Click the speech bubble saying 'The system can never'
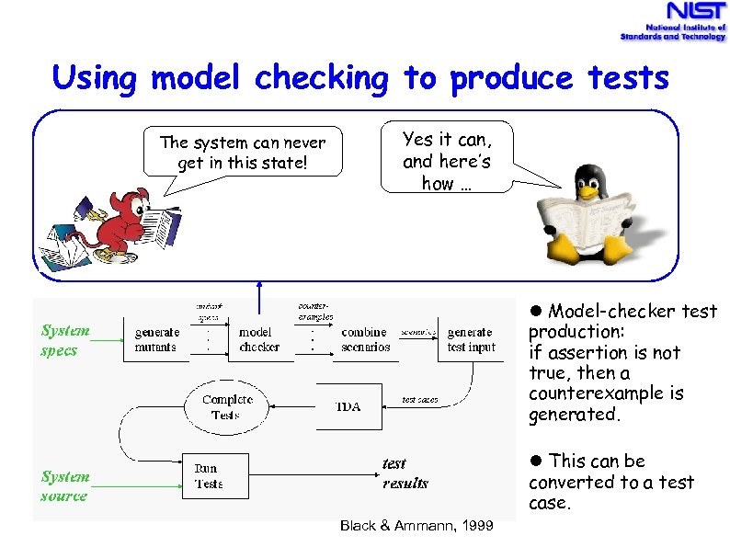(x=242, y=152)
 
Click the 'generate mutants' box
(x=156, y=339)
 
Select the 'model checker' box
(x=260, y=339)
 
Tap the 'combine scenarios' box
(x=365, y=339)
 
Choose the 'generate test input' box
(x=471, y=339)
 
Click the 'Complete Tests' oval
(x=226, y=407)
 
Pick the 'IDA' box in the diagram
(x=348, y=406)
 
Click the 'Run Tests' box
(x=208, y=475)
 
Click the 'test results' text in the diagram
(x=405, y=473)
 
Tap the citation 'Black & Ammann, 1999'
(x=416, y=526)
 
